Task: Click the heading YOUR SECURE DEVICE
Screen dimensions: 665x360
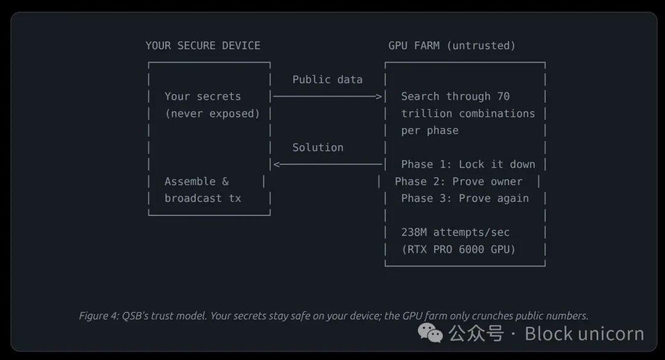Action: coord(203,46)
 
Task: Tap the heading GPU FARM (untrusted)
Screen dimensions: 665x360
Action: coord(452,46)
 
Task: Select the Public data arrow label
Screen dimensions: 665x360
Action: coord(327,79)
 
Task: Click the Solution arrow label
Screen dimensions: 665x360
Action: coord(318,148)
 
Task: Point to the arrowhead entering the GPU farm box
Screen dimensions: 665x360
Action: coord(379,97)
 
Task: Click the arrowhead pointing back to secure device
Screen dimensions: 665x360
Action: coord(277,164)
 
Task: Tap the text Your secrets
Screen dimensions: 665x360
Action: coord(203,97)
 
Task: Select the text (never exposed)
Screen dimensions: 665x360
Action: coord(212,114)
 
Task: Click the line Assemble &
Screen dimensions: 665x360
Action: coord(196,182)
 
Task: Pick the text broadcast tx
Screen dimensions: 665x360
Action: coord(203,198)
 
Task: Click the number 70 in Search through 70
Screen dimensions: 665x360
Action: coord(503,97)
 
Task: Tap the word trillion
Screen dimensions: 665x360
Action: coord(427,114)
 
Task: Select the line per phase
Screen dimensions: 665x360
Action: coord(430,130)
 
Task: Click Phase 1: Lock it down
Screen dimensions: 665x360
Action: coord(468,164)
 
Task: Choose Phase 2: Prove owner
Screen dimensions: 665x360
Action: coord(459,182)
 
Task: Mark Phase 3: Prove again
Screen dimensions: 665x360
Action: coord(465,198)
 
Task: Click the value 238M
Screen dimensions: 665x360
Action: coord(414,233)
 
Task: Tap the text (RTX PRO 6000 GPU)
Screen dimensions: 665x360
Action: coord(459,249)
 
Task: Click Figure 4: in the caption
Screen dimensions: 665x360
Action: coord(99,316)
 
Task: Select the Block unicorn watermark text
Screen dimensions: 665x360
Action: coord(584,334)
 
